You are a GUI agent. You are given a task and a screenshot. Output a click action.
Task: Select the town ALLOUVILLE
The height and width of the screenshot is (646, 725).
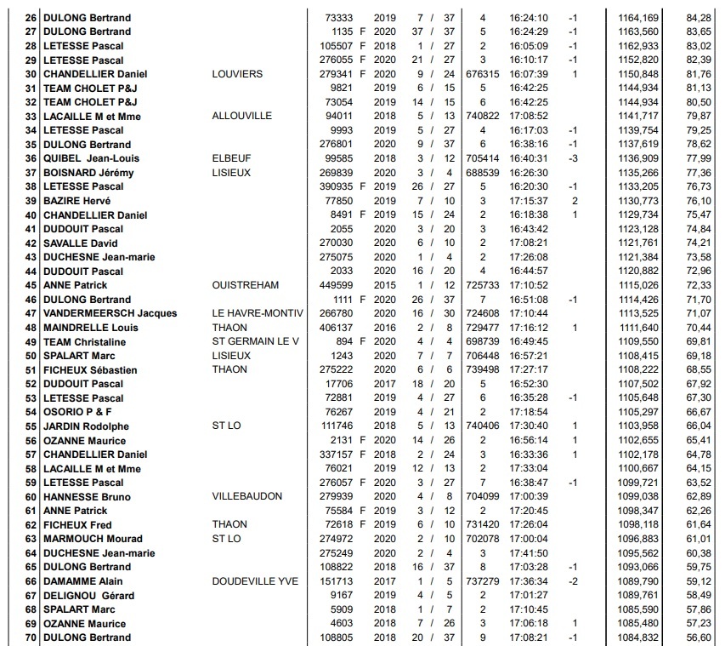(241, 116)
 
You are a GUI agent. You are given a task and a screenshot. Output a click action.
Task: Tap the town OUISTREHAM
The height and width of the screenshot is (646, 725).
(246, 285)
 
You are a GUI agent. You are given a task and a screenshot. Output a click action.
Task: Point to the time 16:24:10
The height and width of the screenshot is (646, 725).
(529, 18)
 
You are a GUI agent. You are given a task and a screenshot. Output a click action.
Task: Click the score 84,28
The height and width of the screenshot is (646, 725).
(698, 18)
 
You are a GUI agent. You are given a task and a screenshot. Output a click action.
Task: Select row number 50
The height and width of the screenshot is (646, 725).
(31, 356)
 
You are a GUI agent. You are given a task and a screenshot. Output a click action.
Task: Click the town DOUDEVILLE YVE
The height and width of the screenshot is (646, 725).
(255, 581)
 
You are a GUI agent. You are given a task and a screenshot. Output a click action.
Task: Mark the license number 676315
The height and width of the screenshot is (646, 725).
(483, 74)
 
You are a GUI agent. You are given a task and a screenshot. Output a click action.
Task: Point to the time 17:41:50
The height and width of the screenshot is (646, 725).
(529, 553)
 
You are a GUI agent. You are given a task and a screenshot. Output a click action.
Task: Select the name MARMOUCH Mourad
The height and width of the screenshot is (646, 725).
(88, 539)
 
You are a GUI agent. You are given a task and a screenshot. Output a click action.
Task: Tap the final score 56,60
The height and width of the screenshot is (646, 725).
(698, 637)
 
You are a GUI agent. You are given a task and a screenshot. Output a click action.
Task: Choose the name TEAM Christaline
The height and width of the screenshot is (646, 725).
(84, 341)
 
